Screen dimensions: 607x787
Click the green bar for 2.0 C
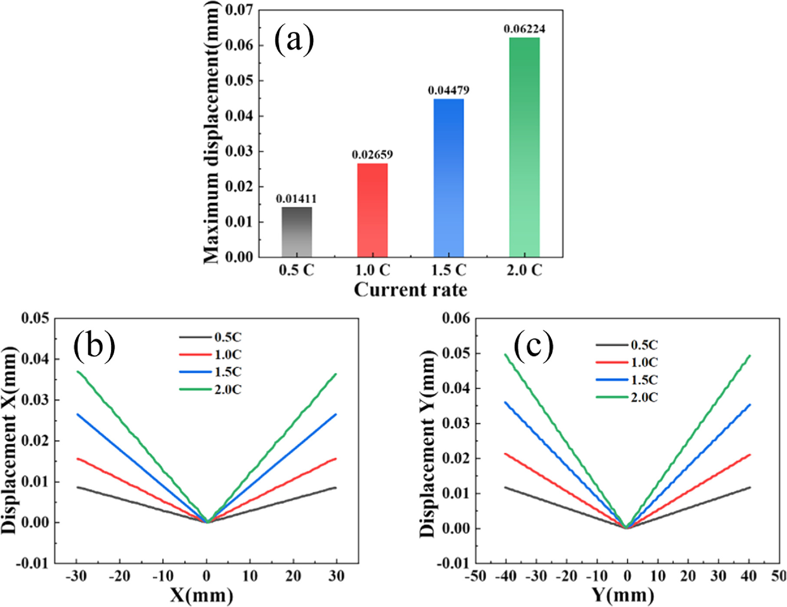tap(524, 148)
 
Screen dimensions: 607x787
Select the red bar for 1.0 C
tap(372, 211)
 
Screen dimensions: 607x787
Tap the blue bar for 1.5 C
tap(448, 178)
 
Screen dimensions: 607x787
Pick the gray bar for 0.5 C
tap(296, 232)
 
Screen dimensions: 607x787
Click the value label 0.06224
tap(524, 29)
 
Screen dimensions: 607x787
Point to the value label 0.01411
tap(296, 199)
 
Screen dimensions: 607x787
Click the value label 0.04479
tap(448, 90)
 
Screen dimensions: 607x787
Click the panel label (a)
tap(294, 40)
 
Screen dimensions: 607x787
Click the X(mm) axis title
tap(201, 596)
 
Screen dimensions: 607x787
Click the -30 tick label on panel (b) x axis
tap(76, 577)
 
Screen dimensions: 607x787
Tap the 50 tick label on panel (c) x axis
tap(779, 577)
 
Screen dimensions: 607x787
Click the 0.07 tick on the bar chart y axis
tap(240, 10)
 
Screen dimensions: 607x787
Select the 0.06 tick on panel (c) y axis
tap(456, 318)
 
